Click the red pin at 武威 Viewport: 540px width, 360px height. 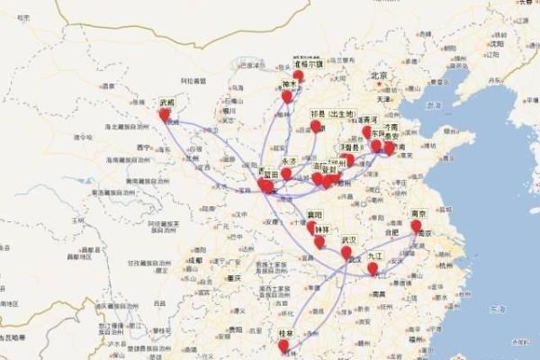point(164,114)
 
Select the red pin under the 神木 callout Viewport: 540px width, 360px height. point(286,95)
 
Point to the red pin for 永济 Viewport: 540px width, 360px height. point(286,173)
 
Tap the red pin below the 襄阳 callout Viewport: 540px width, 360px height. point(311,227)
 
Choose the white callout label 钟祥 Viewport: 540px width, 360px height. point(322,229)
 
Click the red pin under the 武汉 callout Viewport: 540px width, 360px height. point(346,253)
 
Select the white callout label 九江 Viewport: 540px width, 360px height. point(374,256)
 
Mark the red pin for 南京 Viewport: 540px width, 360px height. point(416,226)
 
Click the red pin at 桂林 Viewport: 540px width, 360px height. point(283,345)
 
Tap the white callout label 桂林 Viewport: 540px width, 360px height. point(286,333)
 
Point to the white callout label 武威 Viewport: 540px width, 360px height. point(166,103)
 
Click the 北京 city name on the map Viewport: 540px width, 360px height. point(378,76)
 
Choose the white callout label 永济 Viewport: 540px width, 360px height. point(290,161)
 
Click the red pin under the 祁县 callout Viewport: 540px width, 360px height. point(315,126)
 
